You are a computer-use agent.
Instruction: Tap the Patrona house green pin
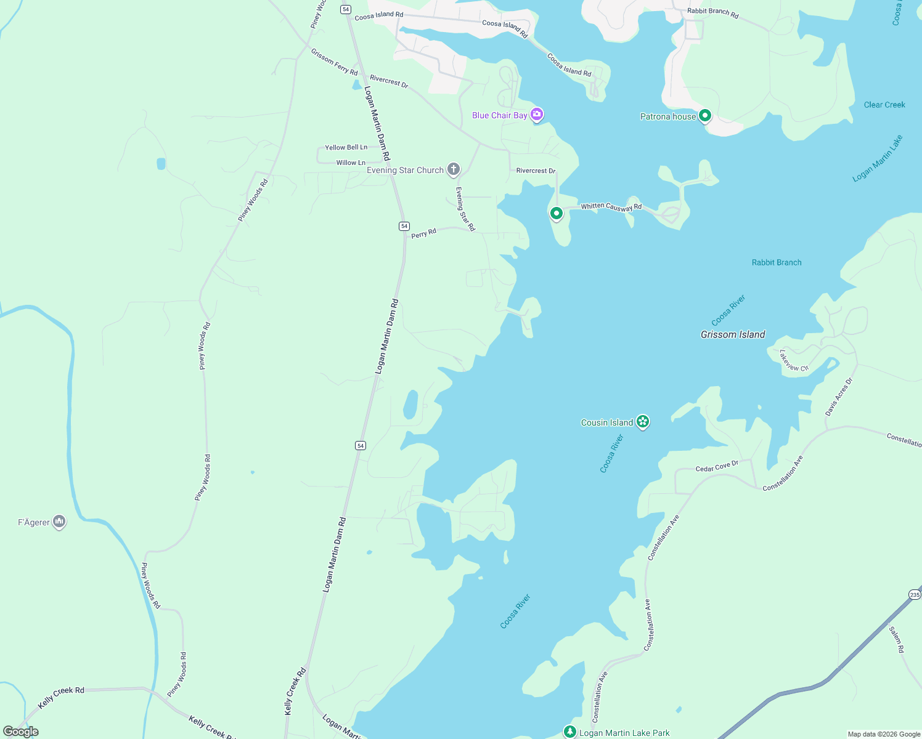(x=705, y=115)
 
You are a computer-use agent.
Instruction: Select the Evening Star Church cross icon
(x=454, y=169)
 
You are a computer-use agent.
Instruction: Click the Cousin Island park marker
(x=643, y=421)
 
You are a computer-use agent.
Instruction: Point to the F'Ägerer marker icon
(x=59, y=522)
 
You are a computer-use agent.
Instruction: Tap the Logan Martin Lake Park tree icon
(x=569, y=732)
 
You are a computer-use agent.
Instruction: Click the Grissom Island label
(x=733, y=334)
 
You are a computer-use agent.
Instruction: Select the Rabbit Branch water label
(x=777, y=262)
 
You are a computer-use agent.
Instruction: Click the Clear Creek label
(x=884, y=105)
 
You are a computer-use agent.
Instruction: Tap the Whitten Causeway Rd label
(x=611, y=207)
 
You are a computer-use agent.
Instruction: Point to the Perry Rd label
(x=423, y=233)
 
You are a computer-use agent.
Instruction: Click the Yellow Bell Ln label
(x=346, y=147)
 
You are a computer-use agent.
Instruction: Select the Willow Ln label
(x=351, y=163)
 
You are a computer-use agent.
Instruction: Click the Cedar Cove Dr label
(x=717, y=467)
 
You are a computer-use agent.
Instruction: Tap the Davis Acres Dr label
(x=839, y=396)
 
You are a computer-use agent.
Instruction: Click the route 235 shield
(x=915, y=594)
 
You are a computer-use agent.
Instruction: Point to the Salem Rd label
(x=896, y=640)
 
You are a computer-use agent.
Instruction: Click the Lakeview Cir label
(x=794, y=361)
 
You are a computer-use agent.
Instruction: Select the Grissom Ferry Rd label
(x=334, y=62)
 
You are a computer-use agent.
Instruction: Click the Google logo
(x=21, y=732)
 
